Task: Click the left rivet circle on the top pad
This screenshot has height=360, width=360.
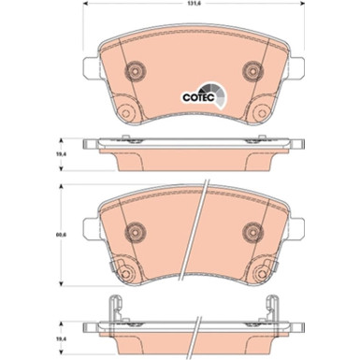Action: click(x=136, y=72)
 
